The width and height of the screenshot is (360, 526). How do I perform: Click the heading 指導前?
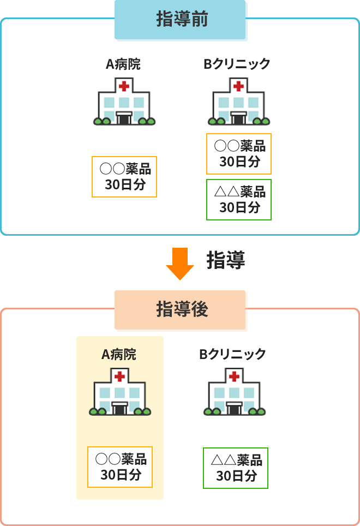point(181,20)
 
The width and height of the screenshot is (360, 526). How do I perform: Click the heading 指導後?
point(181,309)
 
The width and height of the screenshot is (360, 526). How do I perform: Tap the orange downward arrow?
point(179,264)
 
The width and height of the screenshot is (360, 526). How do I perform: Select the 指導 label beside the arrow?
point(225,261)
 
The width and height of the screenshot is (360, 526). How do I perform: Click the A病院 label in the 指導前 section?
point(123,64)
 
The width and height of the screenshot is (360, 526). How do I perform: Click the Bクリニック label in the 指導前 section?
point(237,64)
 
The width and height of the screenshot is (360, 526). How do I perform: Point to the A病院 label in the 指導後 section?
point(119,354)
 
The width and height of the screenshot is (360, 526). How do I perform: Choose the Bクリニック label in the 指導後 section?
point(232,354)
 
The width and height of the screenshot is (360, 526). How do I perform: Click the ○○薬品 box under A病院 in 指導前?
point(125,176)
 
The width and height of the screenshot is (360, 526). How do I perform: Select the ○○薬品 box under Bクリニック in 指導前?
point(239,154)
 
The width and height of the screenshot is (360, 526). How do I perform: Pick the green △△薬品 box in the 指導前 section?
point(239,199)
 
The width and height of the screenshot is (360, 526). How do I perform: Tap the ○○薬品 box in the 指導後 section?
point(120,467)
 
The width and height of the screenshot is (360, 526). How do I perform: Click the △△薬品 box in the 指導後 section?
point(236,468)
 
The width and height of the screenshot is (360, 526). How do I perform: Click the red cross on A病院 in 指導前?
point(124,86)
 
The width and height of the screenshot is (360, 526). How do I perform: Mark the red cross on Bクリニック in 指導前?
point(238,86)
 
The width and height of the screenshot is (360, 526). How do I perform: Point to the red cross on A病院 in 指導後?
point(120,376)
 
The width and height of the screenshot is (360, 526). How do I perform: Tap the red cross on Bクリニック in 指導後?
point(234,376)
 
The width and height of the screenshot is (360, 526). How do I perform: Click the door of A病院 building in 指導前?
point(124,118)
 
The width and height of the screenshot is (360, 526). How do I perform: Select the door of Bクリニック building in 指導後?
point(234,408)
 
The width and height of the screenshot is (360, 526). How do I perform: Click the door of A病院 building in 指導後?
point(120,408)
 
